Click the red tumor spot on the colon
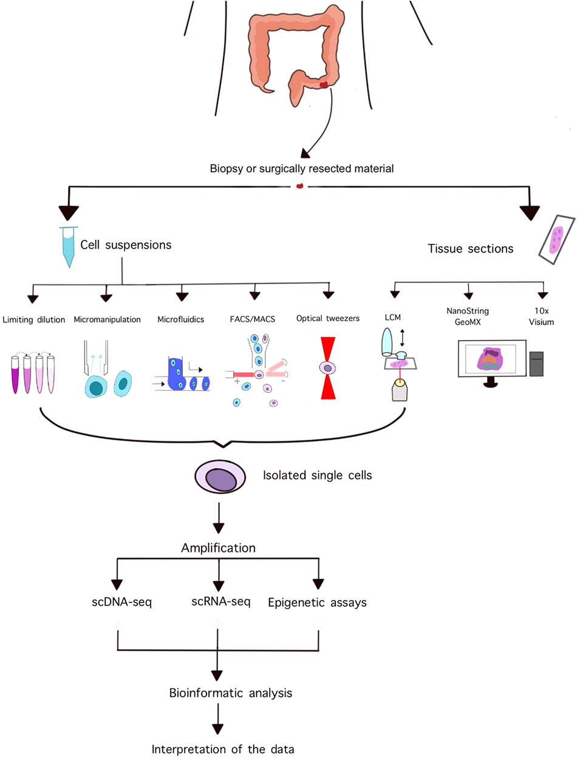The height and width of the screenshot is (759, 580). [x=323, y=84]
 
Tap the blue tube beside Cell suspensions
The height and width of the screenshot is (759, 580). [x=69, y=247]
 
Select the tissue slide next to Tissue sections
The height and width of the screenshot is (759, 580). [x=556, y=240]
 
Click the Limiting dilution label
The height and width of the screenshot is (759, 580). [x=34, y=319]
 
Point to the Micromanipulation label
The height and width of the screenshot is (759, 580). [x=107, y=319]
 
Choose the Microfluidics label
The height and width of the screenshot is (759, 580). [x=181, y=319]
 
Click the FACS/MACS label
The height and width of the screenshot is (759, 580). [x=253, y=319]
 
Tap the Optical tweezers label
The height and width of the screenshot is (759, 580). [x=328, y=318]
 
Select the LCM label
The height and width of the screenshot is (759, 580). [x=392, y=317]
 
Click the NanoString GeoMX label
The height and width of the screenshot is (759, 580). [x=468, y=316]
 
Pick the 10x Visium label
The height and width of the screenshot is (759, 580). [x=541, y=316]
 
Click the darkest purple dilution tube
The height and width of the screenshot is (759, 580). [x=15, y=375]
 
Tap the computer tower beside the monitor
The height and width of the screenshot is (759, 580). [x=536, y=364]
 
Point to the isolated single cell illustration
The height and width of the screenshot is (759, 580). [x=220, y=477]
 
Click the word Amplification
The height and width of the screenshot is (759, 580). [x=218, y=548]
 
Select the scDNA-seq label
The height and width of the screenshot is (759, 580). [x=121, y=602]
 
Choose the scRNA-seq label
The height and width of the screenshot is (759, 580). [x=221, y=602]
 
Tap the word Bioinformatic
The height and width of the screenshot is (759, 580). [x=207, y=693]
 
